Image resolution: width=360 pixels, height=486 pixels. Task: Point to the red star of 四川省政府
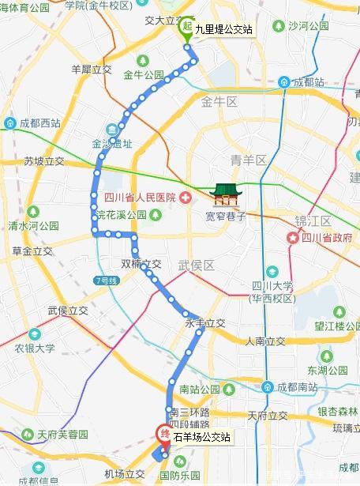pyautogui.click(x=293, y=237)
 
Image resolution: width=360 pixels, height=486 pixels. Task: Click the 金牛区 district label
pyautogui.click(x=219, y=102)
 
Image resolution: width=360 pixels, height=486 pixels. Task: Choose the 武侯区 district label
pyautogui.click(x=197, y=266)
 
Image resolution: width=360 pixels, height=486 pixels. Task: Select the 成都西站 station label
pyautogui.click(x=32, y=123)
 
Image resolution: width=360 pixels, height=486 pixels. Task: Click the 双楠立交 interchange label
pyautogui.click(x=141, y=264)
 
